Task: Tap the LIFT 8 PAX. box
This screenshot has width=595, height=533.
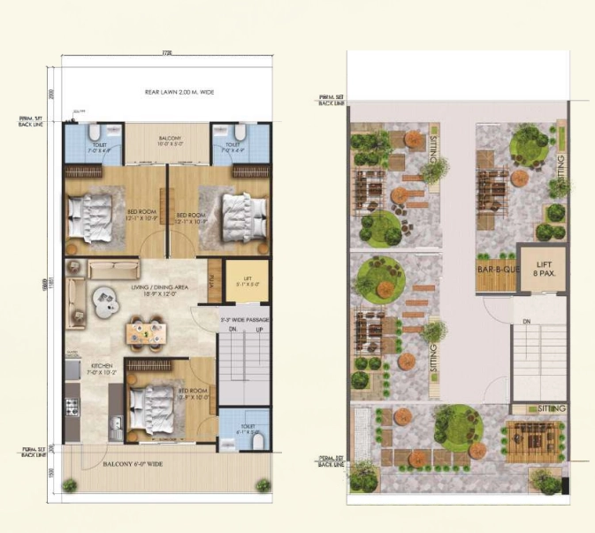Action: click(542, 270)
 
